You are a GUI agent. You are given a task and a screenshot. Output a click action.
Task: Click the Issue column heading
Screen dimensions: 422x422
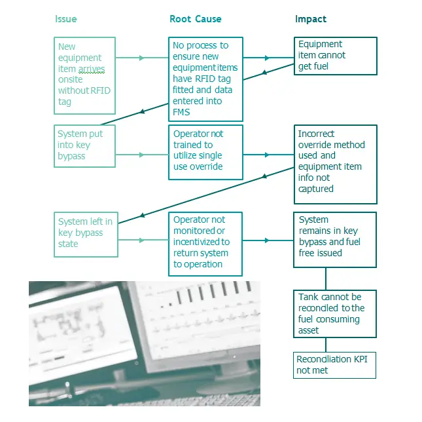(x=65, y=19)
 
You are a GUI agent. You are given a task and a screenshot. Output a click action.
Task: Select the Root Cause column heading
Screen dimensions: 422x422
(x=195, y=19)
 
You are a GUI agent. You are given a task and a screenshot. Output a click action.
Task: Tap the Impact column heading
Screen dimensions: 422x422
(x=311, y=19)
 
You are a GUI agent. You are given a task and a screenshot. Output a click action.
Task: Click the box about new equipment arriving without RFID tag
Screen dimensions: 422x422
(x=85, y=75)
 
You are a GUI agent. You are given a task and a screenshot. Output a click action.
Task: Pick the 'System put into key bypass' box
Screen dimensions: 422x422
(x=85, y=145)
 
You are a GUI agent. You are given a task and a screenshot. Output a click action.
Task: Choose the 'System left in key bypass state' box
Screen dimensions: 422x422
(x=85, y=233)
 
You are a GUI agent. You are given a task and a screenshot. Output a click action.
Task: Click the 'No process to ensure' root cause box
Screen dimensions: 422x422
(x=205, y=79)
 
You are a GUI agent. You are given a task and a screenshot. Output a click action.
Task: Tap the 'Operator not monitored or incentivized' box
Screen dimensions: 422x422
(x=205, y=242)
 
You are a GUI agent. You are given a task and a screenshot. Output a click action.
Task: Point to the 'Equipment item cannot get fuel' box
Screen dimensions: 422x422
(x=335, y=56)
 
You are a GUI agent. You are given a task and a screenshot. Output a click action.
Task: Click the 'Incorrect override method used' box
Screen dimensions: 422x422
(x=335, y=164)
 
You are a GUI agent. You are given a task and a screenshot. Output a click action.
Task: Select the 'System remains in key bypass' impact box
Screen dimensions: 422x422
(x=335, y=239)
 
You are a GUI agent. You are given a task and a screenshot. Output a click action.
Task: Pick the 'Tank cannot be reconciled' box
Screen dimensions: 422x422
(x=335, y=313)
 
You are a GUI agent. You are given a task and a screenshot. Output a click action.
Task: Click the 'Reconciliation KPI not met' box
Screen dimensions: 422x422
(x=335, y=365)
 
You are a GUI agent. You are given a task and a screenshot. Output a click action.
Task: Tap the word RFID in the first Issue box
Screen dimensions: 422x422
(x=96, y=91)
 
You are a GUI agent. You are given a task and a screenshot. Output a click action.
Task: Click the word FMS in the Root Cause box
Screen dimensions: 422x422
(x=182, y=112)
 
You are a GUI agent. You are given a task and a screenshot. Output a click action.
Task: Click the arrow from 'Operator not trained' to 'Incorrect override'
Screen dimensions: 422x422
(x=268, y=155)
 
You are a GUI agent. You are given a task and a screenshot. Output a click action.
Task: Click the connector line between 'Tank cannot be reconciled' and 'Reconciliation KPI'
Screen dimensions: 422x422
(x=326, y=345)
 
